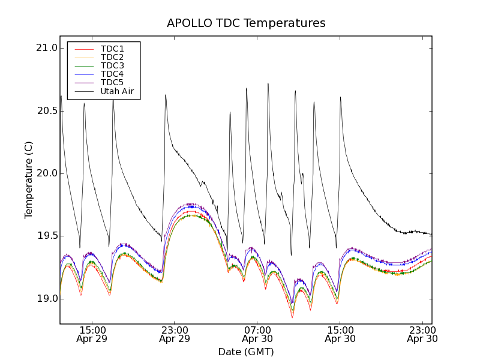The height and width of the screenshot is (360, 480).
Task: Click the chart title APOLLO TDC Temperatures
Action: tap(246, 23)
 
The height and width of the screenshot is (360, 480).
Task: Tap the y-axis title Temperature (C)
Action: tap(29, 180)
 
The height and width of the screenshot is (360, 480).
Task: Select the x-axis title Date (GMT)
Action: tap(246, 352)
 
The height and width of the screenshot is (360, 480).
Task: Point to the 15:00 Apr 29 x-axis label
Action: tap(92, 334)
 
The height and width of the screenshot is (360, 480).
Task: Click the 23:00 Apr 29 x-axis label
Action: tap(175, 334)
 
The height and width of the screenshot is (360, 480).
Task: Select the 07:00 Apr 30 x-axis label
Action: tap(257, 334)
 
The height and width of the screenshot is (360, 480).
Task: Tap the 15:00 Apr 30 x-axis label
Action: tap(340, 334)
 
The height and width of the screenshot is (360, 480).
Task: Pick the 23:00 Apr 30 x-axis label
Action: tap(422, 334)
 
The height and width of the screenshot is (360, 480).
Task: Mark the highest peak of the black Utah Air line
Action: tap(268, 83)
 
